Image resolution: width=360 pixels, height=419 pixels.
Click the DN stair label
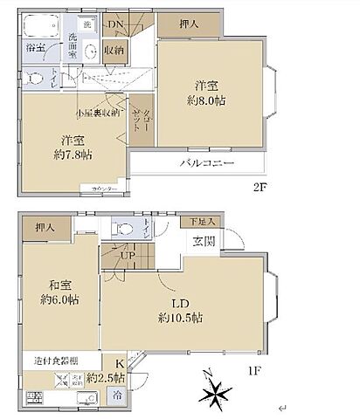click(114, 24)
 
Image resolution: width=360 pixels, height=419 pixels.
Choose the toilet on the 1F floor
click(123, 229)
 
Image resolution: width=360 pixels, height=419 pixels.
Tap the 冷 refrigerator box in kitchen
click(117, 395)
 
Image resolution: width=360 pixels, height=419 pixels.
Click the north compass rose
click(215, 389)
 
